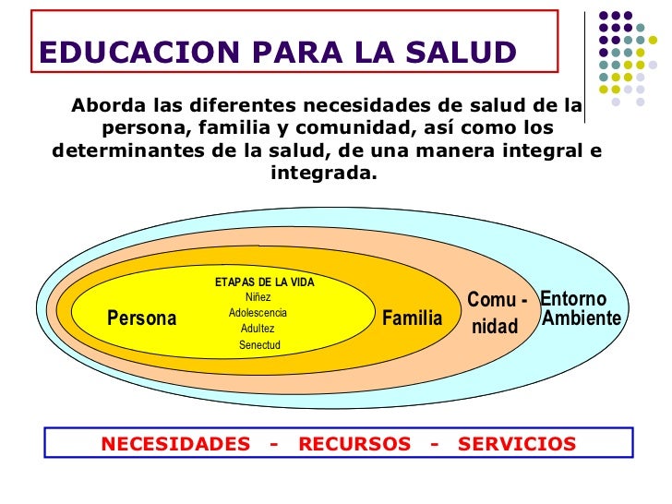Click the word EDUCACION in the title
[139, 53]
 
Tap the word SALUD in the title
[461, 53]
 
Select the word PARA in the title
[297, 53]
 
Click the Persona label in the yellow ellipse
[142, 318]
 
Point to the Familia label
[413, 318]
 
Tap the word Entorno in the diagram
[573, 299]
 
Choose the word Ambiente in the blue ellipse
[582, 318]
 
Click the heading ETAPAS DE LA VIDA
[265, 282]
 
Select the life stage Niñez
[258, 297]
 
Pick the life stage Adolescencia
[258, 313]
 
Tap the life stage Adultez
[258, 329]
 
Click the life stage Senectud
[259, 345]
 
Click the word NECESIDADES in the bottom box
[175, 444]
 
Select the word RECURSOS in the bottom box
[354, 444]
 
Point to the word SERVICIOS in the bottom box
[517, 444]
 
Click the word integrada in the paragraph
[324, 174]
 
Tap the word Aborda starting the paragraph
[109, 105]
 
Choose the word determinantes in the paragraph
[127, 150]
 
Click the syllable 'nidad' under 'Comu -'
[495, 327]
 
